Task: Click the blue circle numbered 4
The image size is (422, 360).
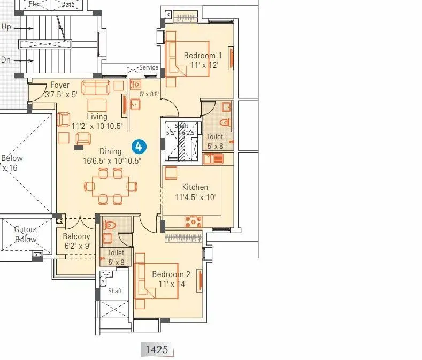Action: (139, 145)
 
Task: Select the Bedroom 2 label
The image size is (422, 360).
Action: (171, 274)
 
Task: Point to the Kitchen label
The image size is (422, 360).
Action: (195, 187)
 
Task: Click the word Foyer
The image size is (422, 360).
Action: (60, 85)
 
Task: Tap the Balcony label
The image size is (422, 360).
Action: (76, 236)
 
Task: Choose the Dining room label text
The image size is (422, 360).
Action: (111, 151)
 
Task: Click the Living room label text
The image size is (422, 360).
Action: (97, 117)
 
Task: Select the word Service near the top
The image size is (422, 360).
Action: (149, 67)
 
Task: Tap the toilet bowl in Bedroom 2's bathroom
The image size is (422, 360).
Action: (109, 225)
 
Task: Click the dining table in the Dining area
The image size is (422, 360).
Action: (111, 186)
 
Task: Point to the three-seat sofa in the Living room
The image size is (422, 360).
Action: (96, 86)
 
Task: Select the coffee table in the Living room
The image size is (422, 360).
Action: (97, 104)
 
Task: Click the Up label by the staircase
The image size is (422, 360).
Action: (6, 27)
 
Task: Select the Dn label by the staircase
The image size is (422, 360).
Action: (6, 60)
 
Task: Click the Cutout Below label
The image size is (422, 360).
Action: (26, 234)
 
